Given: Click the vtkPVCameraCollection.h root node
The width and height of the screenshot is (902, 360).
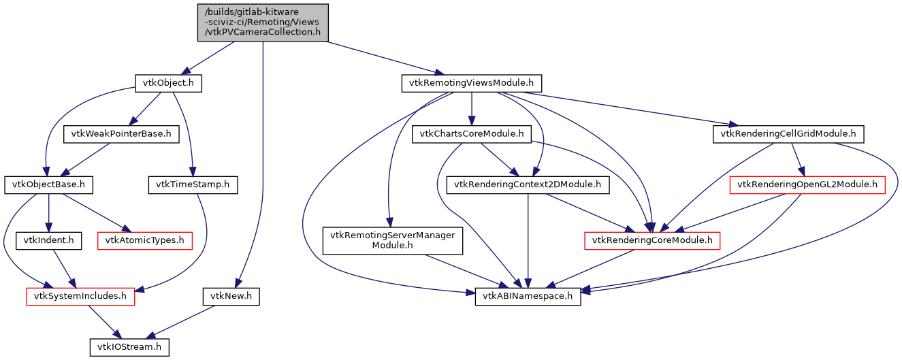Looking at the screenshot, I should (x=263, y=22).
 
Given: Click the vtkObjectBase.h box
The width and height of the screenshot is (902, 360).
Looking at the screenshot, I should (x=49, y=184).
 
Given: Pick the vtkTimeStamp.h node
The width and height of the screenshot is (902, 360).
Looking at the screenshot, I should (x=193, y=184).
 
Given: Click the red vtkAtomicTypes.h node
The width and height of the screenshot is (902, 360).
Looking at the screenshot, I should (x=145, y=240).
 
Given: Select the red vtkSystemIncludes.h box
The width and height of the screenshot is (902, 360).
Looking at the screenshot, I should (x=80, y=297).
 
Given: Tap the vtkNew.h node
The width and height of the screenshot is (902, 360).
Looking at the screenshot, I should (x=231, y=297).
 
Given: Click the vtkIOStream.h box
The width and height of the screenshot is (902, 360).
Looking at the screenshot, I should (x=129, y=347).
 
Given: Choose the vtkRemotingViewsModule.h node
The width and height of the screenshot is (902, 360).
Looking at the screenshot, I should (x=471, y=83).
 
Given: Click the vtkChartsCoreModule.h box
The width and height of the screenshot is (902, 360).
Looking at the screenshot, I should (x=471, y=134).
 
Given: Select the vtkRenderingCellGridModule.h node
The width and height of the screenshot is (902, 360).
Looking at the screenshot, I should (x=788, y=134).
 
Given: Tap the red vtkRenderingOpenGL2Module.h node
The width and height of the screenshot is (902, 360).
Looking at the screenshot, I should (x=807, y=184).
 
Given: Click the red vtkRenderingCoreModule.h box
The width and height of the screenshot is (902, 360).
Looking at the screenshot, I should (x=652, y=240).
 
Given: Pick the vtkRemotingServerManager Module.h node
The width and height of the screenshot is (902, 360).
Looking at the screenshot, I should (x=393, y=240).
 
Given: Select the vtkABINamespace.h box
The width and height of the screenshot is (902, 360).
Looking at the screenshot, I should (x=528, y=297).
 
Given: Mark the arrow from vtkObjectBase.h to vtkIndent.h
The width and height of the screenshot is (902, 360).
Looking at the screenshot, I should (x=48, y=212).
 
